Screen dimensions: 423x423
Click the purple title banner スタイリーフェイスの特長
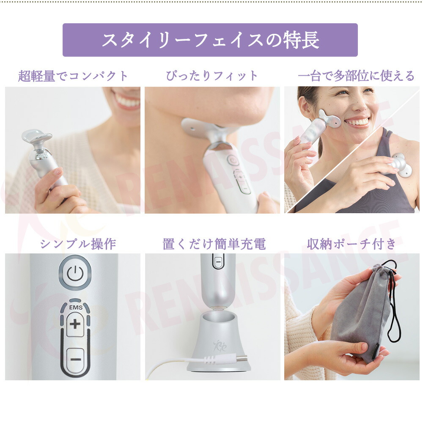[x=210, y=40]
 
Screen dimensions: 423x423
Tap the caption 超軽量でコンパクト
[x=73, y=76]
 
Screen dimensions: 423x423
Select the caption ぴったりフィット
[x=212, y=76]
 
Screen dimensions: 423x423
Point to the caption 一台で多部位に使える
[x=356, y=76]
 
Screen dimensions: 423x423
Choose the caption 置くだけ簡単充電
[x=214, y=244]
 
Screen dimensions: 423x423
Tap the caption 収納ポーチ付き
[x=352, y=244]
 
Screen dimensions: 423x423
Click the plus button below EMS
[x=75, y=325]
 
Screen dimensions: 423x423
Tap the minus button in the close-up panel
[x=75, y=359]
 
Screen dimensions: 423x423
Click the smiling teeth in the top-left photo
[x=127, y=102]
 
